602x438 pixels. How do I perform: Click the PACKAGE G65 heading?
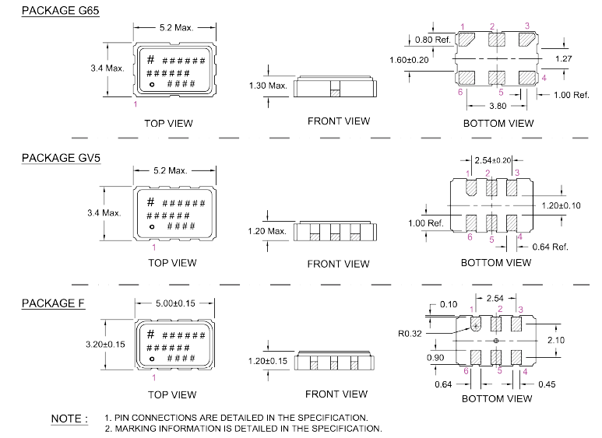pyautogui.click(x=61, y=12)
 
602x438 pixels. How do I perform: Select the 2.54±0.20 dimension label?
pyautogui.click(x=493, y=159)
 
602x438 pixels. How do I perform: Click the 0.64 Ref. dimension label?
pyautogui.click(x=549, y=247)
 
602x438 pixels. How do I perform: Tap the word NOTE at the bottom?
pyautogui.click(x=69, y=419)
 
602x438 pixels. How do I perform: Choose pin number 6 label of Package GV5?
pyautogui.click(x=470, y=237)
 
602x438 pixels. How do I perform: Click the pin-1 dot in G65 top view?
pyautogui.click(x=153, y=83)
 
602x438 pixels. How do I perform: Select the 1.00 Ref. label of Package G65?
pyautogui.click(x=571, y=95)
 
